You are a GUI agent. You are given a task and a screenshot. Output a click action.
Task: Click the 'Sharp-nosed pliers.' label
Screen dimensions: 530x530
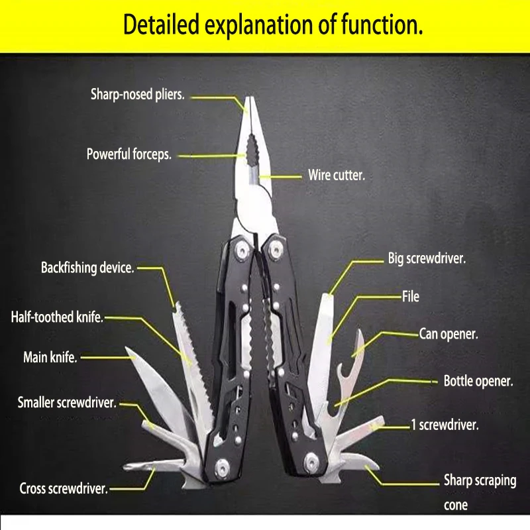(138, 95)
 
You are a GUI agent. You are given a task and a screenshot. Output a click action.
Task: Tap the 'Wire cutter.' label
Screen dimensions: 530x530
(337, 176)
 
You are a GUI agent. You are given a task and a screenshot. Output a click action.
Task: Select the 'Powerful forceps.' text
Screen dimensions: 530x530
(129, 154)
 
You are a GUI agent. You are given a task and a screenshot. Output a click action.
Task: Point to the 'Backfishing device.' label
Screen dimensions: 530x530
(88, 268)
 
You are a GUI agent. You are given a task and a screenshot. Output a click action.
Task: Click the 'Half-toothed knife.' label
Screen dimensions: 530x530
(58, 317)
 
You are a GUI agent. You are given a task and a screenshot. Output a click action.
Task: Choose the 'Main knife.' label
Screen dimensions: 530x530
(50, 358)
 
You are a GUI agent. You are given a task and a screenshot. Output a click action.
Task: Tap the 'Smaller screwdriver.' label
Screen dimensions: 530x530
(67, 402)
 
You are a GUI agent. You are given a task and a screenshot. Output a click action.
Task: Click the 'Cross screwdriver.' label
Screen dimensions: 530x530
(64, 489)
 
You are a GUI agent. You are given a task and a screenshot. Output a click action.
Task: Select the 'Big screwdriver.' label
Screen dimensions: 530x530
(427, 258)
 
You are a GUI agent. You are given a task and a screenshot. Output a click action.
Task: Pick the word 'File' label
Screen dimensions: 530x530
(411, 297)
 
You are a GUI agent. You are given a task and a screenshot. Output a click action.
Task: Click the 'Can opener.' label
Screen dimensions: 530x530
(449, 334)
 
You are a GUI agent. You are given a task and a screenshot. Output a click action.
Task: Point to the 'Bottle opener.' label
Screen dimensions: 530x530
(478, 381)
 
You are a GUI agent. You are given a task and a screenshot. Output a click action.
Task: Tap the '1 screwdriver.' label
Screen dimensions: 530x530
(445, 425)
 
